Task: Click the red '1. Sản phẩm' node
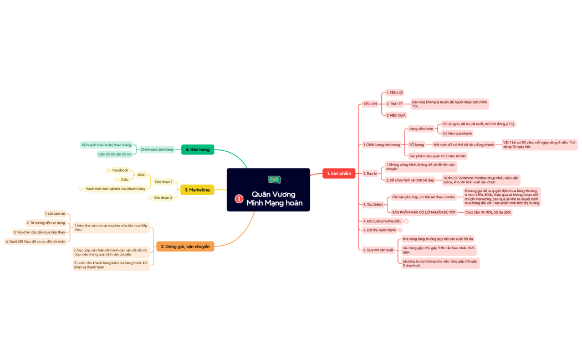tap(339, 173)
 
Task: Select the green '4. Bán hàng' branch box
tap(197, 150)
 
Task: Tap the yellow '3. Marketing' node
tap(197, 190)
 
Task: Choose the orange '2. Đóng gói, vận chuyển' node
tap(185, 246)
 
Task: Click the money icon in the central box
tap(274, 179)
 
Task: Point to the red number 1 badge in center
tap(239, 198)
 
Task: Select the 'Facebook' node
tap(120, 170)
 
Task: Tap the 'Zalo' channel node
tap(125, 179)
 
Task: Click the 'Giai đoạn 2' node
tap(163, 197)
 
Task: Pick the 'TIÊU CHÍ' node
tap(370, 104)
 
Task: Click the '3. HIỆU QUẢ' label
tap(396, 115)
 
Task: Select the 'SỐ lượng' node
tap(416, 145)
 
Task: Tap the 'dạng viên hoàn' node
tap(421, 128)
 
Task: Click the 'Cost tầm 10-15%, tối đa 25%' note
tap(488, 212)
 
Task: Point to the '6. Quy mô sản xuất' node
tap(378, 250)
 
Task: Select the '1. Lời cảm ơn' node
tap(55, 213)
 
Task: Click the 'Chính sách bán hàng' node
tap(157, 150)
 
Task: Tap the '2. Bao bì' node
tap(370, 173)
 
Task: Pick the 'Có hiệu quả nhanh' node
tap(457, 133)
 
